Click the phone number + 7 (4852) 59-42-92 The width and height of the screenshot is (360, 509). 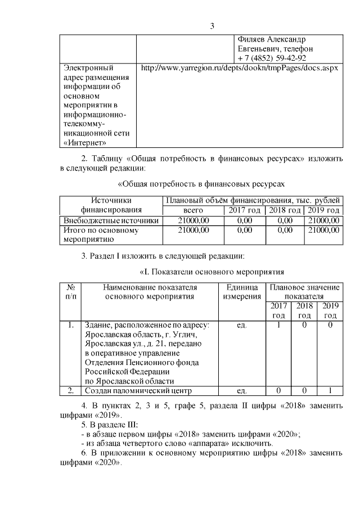pos(272,58)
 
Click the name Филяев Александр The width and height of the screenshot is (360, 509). pos(272,40)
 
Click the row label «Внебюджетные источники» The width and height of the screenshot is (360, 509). pos(111,220)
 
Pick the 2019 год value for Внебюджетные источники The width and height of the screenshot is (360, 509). pos(324,220)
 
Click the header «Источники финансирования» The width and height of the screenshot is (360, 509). pos(111,205)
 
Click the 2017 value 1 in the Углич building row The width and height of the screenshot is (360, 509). pos(277,325)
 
